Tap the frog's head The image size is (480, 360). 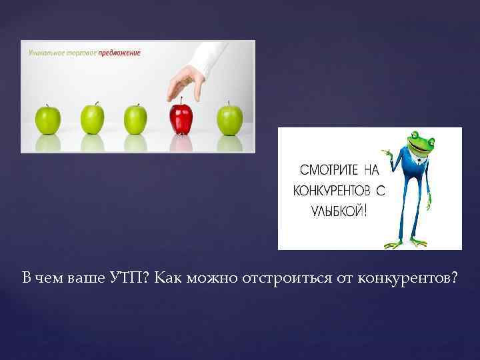pyautogui.click(x=422, y=143)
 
